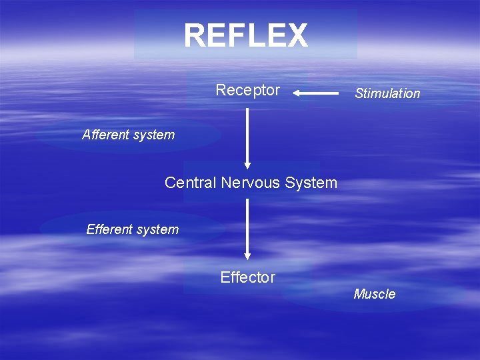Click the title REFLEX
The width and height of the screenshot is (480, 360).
246,36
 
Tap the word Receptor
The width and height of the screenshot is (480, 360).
247,90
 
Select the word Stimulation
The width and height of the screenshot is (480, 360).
387,93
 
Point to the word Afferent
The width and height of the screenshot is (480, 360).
106,135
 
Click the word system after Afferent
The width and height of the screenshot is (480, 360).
153,135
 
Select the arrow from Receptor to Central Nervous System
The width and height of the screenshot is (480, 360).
247,137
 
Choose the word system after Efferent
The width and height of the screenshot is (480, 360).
157,229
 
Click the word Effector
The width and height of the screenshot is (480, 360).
247,277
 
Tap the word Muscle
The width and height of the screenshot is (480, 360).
374,294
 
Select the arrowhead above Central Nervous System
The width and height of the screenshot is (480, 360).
247,165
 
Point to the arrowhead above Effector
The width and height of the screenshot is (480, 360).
247,255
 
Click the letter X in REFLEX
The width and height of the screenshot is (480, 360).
297,36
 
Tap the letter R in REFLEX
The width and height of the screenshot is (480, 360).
195,36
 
